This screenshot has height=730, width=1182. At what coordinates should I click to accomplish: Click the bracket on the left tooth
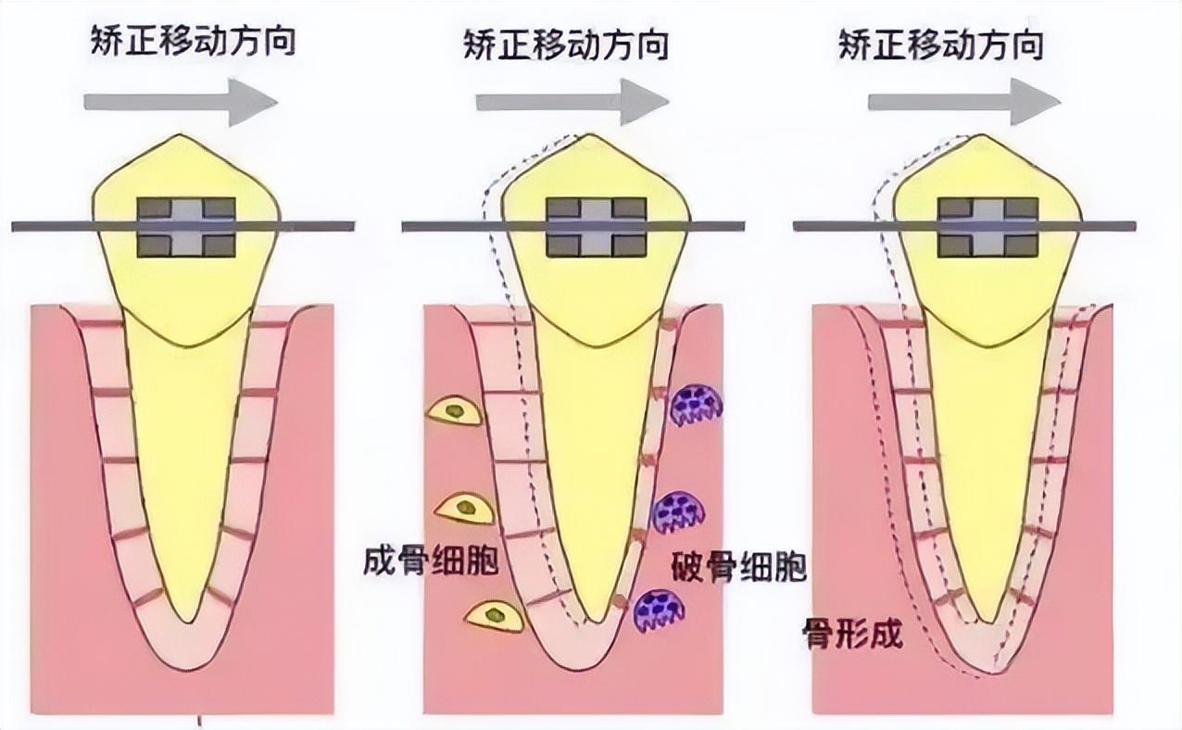(186, 226)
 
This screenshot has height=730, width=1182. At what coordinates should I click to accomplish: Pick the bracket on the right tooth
(987, 226)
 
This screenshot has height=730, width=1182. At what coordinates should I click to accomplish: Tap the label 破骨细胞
(738, 567)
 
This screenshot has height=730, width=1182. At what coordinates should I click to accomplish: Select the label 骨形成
(852, 635)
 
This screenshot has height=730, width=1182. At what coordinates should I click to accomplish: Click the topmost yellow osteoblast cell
(454, 410)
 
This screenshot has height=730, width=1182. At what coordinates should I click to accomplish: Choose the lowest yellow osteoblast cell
(494, 615)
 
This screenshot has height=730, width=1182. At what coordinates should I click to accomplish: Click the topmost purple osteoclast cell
(696, 405)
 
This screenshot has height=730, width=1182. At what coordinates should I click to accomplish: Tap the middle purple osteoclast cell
(679, 510)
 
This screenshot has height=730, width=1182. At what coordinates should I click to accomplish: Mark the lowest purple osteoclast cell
(659, 610)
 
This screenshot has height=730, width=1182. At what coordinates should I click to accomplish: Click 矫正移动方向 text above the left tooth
(193, 42)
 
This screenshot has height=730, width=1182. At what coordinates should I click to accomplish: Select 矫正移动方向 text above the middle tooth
(566, 44)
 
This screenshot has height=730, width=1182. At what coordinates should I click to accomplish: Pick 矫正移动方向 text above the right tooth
(941, 44)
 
